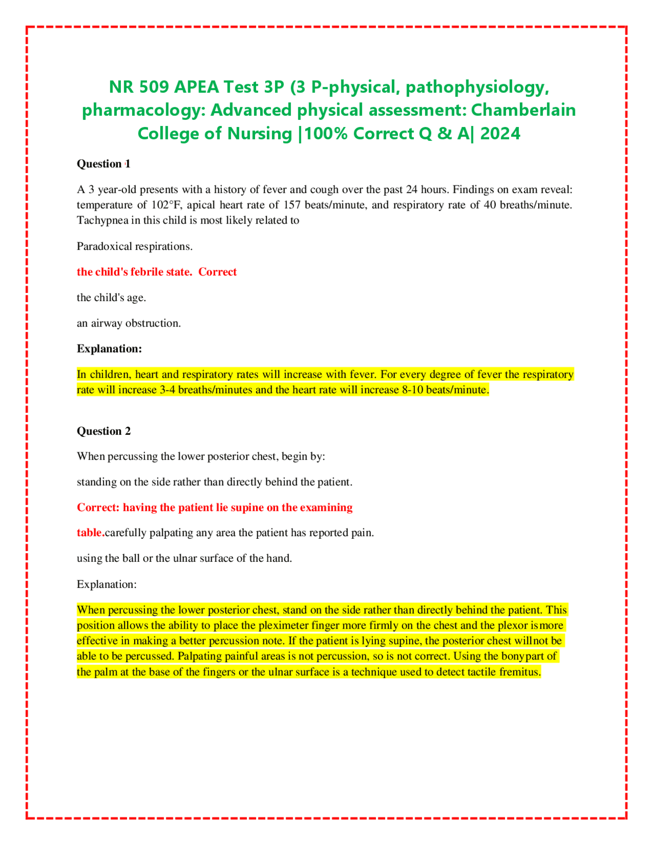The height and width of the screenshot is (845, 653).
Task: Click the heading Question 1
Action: coord(104,164)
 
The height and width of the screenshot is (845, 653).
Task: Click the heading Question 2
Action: coord(104,431)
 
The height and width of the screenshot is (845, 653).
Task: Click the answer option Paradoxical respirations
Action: coord(135,246)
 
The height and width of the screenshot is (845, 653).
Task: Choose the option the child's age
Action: coord(111,297)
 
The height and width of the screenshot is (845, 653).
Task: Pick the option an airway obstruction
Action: coord(129,323)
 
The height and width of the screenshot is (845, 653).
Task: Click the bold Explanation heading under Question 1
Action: coord(109,349)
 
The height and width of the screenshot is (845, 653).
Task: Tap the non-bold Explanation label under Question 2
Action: coord(107,584)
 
